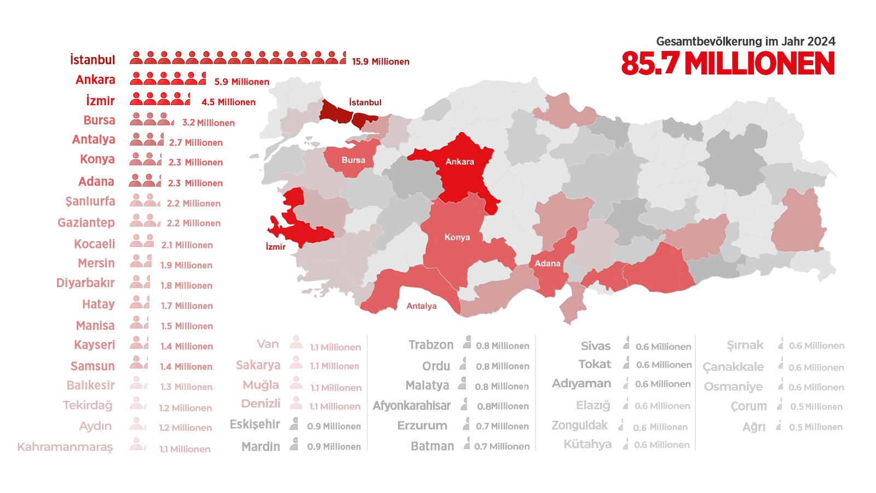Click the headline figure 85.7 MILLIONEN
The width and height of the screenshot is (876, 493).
click(x=728, y=64)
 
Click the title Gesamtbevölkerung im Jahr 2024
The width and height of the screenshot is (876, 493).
click(x=746, y=41)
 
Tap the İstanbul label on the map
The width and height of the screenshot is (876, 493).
click(x=365, y=102)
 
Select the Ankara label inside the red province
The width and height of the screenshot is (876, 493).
click(x=459, y=162)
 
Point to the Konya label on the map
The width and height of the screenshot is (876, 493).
click(x=457, y=237)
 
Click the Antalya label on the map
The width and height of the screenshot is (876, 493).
click(x=421, y=306)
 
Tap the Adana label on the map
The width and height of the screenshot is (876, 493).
click(x=547, y=263)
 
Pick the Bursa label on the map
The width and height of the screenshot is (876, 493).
click(x=353, y=160)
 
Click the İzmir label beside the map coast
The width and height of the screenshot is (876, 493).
click(x=275, y=246)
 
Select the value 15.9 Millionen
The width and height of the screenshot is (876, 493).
click(x=381, y=61)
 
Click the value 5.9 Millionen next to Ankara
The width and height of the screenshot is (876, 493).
click(x=241, y=82)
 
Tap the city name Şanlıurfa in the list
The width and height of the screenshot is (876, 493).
click(x=90, y=202)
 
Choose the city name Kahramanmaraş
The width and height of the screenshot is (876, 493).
click(x=65, y=447)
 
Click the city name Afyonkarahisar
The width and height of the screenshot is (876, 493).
click(x=412, y=406)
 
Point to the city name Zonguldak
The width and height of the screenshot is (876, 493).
click(x=579, y=426)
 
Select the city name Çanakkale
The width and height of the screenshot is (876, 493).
click(x=733, y=367)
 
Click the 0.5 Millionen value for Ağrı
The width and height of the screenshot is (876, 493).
click(x=815, y=427)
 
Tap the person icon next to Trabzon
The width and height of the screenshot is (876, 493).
click(x=467, y=343)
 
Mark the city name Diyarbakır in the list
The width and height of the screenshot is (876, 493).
click(x=85, y=283)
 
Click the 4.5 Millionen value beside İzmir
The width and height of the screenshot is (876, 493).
click(x=228, y=102)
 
